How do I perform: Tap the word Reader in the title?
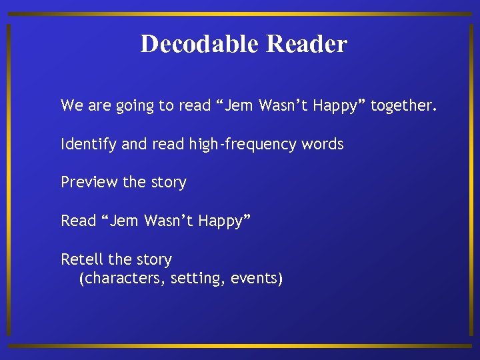click(306, 44)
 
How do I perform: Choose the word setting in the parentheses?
click(197, 279)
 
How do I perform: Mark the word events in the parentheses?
click(256, 279)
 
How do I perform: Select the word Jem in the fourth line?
click(124, 221)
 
